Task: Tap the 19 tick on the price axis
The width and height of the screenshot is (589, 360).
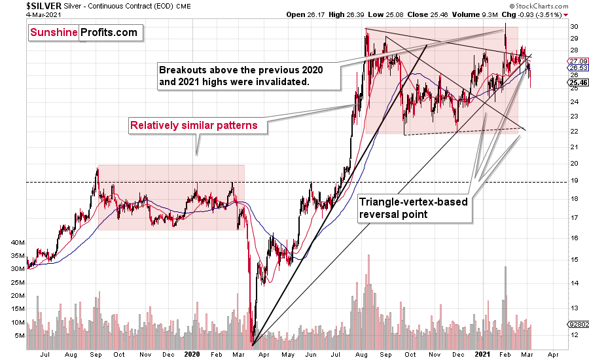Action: (x=574, y=183)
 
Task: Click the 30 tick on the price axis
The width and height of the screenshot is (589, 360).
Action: (x=574, y=26)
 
